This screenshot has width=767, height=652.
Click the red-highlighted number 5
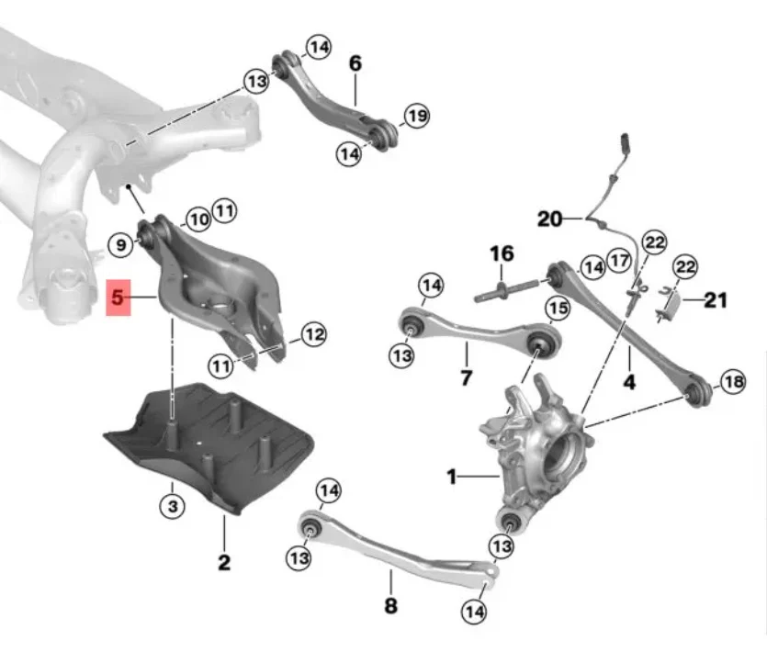[118, 298]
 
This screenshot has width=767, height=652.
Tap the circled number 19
[417, 117]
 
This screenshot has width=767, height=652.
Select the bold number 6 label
[355, 63]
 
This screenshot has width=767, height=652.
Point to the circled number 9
[121, 244]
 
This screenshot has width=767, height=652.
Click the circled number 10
[198, 219]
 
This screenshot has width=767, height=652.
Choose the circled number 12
[313, 334]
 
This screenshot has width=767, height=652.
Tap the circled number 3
[173, 506]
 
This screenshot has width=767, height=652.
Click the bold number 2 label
[224, 563]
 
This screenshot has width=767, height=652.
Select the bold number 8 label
[390, 605]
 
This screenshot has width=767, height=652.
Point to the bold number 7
[466, 377]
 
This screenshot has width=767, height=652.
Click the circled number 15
[558, 309]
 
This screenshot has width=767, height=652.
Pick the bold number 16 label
[502, 253]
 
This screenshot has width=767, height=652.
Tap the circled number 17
[619, 260]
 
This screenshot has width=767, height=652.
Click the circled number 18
[734, 381]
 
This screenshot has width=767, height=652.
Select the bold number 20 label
[550, 219]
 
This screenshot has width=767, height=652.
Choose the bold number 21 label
[716, 300]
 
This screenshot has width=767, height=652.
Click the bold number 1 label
[452, 477]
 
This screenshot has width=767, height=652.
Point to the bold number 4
[629, 381]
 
